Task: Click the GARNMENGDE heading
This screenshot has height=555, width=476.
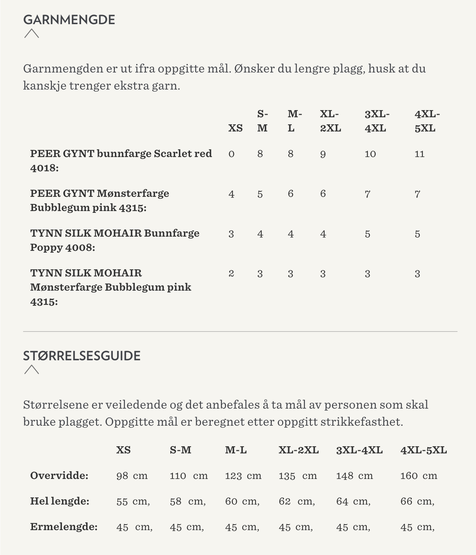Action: tap(69, 20)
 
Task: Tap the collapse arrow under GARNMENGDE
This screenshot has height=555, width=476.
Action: tap(32, 33)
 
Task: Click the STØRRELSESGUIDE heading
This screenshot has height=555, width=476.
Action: tap(82, 356)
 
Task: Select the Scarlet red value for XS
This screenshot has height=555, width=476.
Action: tap(232, 154)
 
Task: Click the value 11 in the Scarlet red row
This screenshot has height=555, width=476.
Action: tap(419, 154)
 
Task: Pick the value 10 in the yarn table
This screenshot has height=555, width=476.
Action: tap(370, 154)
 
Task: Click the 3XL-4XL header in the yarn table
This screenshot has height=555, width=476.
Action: tap(377, 121)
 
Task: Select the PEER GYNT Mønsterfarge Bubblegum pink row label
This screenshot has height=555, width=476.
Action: tap(100, 200)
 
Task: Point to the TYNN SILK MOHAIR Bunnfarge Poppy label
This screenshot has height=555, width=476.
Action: tap(115, 240)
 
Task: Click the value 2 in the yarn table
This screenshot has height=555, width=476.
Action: tap(231, 274)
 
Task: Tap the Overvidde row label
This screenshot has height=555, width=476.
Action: tap(59, 475)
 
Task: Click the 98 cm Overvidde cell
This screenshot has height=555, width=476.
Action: tap(132, 476)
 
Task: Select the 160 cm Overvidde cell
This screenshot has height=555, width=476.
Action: tap(418, 476)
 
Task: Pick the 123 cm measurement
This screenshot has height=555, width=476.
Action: tap(243, 476)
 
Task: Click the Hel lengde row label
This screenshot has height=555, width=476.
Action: tap(59, 501)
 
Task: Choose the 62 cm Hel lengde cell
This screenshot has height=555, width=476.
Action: tap(296, 501)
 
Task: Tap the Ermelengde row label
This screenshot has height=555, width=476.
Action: tap(64, 527)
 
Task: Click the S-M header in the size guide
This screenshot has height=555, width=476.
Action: tap(180, 450)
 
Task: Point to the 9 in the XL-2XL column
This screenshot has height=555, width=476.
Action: tap(323, 154)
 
